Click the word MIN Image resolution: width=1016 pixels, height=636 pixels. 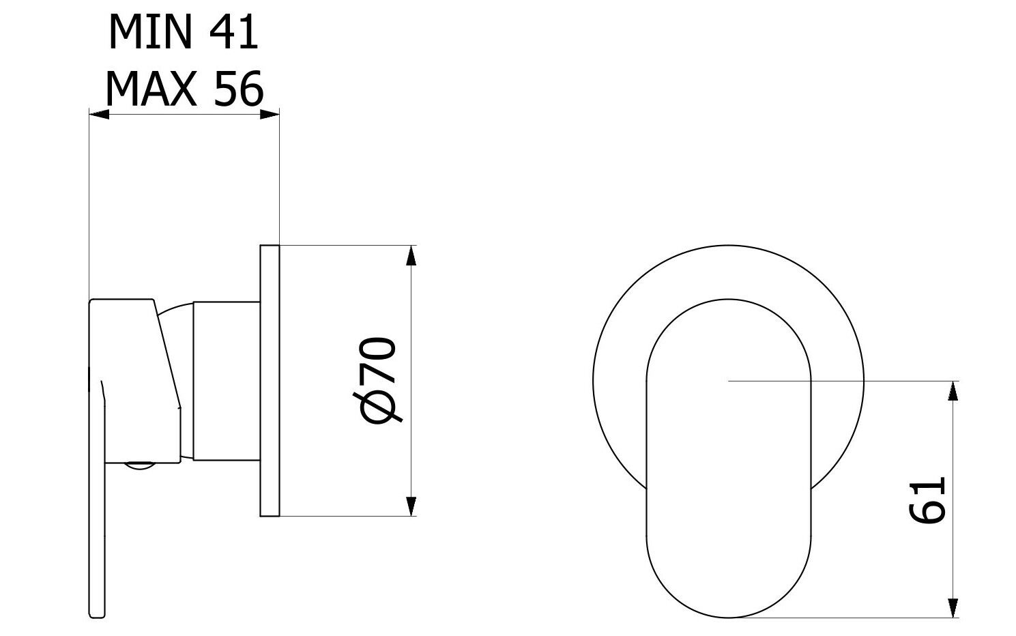coord(151,32)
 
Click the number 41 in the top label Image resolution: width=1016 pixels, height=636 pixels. coord(233,32)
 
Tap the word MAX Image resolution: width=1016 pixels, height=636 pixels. coord(151,89)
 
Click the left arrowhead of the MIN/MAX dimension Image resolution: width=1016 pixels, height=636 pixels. coord(99,115)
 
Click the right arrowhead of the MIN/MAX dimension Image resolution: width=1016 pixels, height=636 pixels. coord(270,115)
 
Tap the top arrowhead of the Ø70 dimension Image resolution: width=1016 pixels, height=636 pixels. coord(411,255)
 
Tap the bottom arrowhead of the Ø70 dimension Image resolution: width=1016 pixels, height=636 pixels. coord(411,506)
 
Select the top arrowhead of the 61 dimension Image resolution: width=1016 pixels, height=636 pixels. coord(953,391)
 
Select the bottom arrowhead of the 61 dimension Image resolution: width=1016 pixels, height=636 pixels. coord(953,608)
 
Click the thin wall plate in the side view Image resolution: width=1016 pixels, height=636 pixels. coord(270,381)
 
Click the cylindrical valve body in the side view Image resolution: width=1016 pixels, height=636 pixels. coord(227,381)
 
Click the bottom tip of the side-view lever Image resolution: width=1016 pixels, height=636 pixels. coord(97,616)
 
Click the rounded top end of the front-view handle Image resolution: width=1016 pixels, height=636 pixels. coord(728,327)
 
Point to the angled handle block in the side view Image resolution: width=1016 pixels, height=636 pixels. coord(136,381)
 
